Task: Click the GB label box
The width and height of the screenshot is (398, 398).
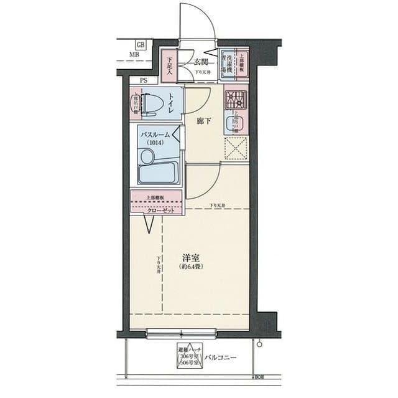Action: [x=141, y=45]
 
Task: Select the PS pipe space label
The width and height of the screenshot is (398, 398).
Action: [x=144, y=80]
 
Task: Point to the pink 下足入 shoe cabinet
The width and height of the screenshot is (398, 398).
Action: [x=169, y=64]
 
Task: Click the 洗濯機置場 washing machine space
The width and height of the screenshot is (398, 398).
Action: [x=229, y=63]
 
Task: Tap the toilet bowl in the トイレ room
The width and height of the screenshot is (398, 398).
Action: [x=150, y=104]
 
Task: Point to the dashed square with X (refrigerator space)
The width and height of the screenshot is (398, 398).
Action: [x=236, y=148]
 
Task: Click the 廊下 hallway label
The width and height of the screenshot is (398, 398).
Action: [x=203, y=121]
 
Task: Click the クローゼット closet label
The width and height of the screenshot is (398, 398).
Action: [x=159, y=211]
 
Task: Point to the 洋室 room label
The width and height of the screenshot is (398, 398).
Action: [x=191, y=257]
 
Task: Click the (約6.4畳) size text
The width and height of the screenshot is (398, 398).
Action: [x=191, y=267]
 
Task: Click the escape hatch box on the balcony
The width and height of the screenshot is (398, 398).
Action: [x=190, y=358]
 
